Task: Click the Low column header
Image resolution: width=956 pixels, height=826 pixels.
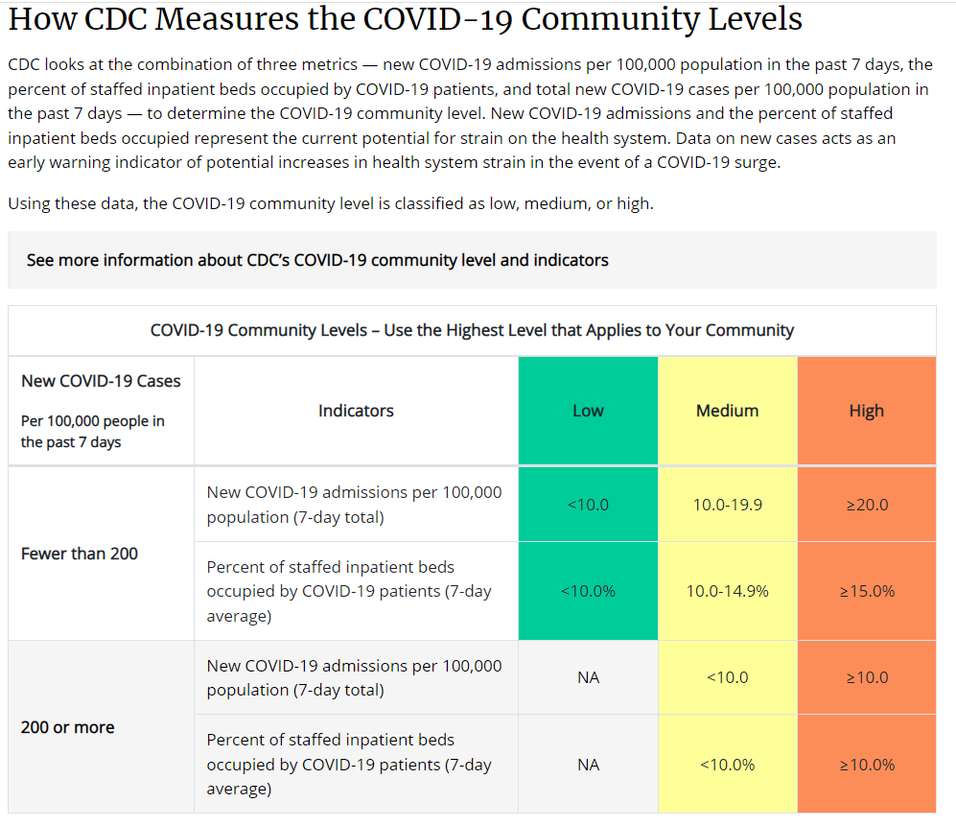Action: pyautogui.click(x=588, y=411)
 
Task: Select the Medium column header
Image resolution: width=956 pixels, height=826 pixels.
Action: pyautogui.click(x=727, y=411)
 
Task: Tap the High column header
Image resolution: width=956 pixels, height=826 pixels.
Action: pyautogui.click(x=866, y=411)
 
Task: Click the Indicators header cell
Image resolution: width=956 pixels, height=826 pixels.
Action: pyautogui.click(x=356, y=411)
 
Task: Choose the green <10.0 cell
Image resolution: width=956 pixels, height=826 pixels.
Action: pyautogui.click(x=588, y=505)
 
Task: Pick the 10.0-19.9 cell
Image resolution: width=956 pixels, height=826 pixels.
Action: pyautogui.click(x=728, y=505)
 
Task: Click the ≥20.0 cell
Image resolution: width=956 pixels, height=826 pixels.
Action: pyautogui.click(x=867, y=505)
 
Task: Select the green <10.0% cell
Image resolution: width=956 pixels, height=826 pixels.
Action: pyautogui.click(x=588, y=591)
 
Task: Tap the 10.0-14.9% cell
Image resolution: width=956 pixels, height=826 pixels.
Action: pyautogui.click(x=728, y=591)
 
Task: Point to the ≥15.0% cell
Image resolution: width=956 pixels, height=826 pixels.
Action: pyautogui.click(x=867, y=591)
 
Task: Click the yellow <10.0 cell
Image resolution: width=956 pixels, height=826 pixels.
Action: pyautogui.click(x=728, y=677)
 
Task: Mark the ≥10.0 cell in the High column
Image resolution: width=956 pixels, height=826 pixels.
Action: pyautogui.click(x=867, y=677)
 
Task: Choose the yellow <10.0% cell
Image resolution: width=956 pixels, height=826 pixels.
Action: pyautogui.click(x=728, y=765)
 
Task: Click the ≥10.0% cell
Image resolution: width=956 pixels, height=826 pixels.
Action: pyautogui.click(x=867, y=765)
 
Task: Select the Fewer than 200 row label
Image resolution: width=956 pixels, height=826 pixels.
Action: pyautogui.click(x=80, y=554)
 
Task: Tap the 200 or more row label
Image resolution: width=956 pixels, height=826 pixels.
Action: pyautogui.click(x=68, y=727)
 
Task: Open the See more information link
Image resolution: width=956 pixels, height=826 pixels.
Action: pyautogui.click(x=317, y=260)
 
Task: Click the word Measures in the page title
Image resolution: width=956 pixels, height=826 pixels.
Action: pyautogui.click(x=220, y=19)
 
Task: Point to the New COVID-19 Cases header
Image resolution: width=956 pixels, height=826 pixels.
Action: pyautogui.click(x=101, y=381)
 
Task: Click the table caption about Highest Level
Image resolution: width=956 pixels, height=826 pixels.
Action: pyautogui.click(x=472, y=330)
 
